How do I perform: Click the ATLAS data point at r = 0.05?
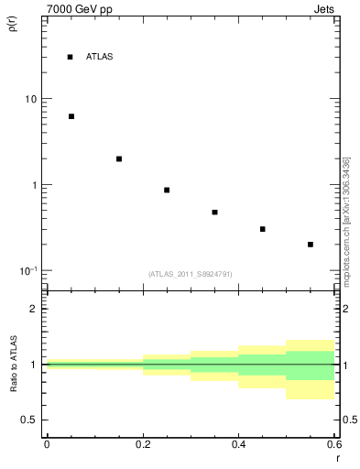click(71, 116)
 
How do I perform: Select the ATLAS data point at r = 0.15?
click(119, 158)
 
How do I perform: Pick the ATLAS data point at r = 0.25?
click(167, 190)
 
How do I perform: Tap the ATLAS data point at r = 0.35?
click(214, 212)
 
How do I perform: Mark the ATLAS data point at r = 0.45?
click(263, 229)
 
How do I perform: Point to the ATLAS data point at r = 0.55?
click(311, 245)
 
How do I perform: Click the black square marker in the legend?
click(70, 57)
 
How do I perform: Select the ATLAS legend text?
click(99, 57)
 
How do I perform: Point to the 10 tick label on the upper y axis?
click(30, 99)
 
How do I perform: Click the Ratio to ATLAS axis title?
click(13, 364)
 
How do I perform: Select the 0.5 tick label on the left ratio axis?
click(29, 420)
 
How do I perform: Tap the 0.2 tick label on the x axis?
click(142, 443)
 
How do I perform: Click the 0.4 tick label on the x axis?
click(238, 443)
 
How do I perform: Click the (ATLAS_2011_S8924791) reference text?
click(190, 274)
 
